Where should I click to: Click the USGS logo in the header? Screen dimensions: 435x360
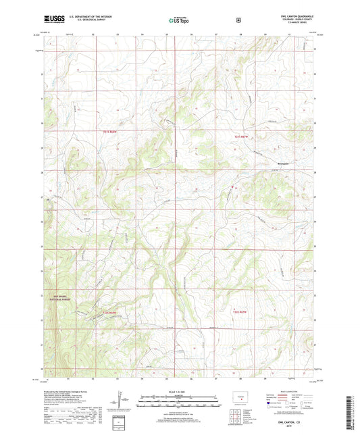tap(52, 20)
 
